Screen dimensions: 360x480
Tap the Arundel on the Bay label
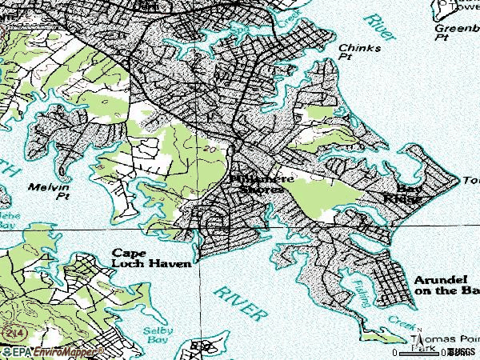[446, 286]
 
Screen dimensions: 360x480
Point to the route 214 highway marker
[7, 331]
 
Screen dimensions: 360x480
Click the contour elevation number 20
[210, 149]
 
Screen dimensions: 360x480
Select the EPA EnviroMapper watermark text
[56, 352]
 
